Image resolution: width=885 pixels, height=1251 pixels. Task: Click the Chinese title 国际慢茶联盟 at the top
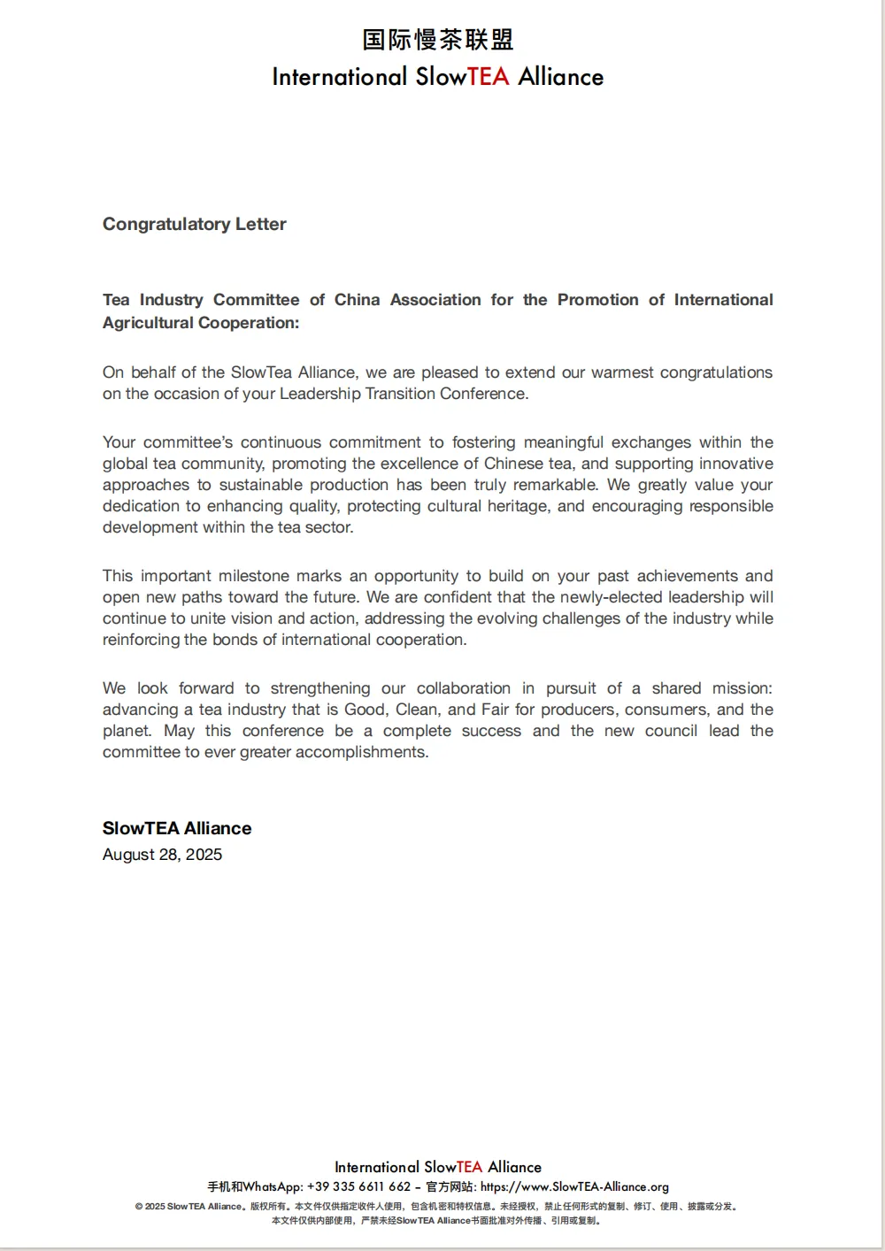click(437, 40)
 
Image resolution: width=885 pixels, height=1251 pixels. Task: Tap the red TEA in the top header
click(489, 77)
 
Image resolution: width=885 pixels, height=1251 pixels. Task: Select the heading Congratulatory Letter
click(195, 224)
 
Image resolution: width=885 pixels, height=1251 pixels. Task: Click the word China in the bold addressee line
click(357, 300)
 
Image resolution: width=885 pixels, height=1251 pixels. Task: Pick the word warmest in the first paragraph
click(624, 372)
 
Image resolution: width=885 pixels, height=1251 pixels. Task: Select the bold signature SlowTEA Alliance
click(177, 828)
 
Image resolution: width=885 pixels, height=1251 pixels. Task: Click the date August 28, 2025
click(162, 855)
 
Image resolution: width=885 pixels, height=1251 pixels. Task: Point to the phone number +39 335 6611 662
click(358, 1187)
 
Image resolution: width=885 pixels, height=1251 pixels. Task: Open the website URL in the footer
click(574, 1187)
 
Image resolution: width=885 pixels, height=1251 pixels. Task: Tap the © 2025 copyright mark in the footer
click(150, 1207)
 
